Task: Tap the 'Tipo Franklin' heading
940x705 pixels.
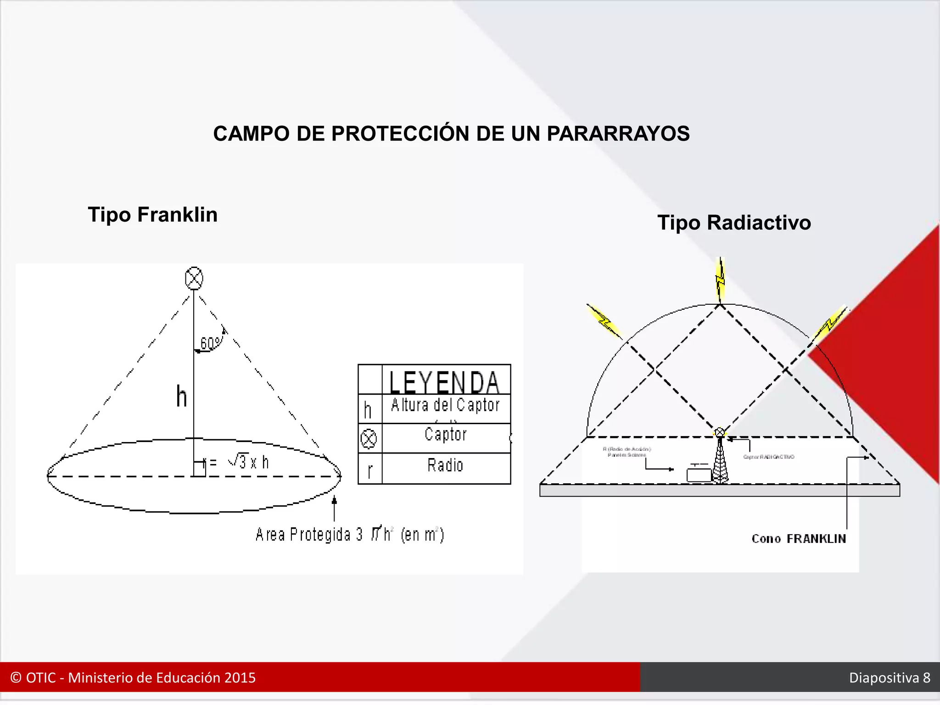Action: [152, 214]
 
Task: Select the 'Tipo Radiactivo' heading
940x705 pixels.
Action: [734, 223]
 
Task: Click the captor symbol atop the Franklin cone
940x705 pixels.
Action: [194, 278]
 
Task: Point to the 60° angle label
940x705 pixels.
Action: [210, 343]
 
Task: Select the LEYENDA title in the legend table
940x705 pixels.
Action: [444, 381]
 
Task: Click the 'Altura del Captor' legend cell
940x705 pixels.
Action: [445, 405]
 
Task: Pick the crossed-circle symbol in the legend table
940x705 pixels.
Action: [369, 438]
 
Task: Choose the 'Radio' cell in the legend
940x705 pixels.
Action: [445, 465]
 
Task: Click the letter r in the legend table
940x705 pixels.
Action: [369, 470]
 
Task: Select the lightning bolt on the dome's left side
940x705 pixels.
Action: [604, 321]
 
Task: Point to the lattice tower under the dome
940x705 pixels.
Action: [720, 461]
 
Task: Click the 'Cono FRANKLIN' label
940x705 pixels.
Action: [799, 539]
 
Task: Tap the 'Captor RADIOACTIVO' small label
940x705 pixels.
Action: [769, 457]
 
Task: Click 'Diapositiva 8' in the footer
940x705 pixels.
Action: [890, 677]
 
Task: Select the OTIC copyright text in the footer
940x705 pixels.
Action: [133, 677]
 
